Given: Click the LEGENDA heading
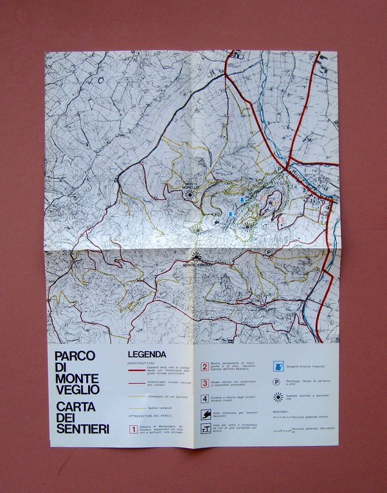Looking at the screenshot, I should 147,354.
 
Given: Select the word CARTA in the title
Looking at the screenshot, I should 77,406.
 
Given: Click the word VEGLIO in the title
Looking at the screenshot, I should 76,389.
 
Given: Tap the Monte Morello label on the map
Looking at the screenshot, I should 192,185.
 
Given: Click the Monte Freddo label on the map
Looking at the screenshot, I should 197,264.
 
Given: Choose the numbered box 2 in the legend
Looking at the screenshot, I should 204,367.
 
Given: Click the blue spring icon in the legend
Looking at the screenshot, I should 278,367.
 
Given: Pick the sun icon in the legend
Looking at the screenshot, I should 278,397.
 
